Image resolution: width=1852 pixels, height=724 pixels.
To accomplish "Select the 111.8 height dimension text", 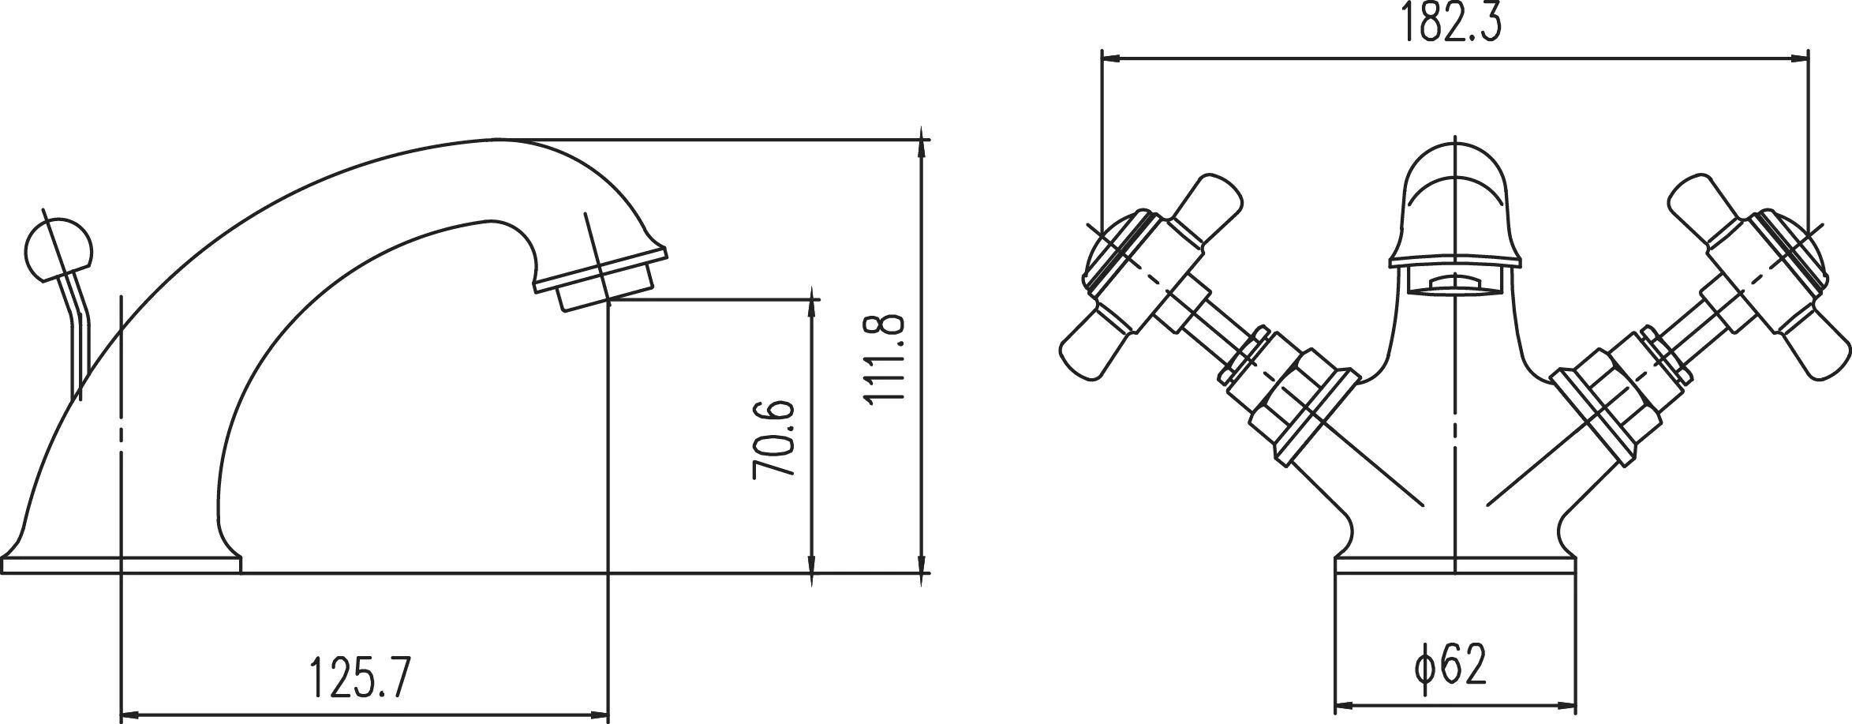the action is click(x=883, y=359).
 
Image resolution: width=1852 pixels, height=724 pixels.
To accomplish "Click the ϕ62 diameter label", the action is click(x=1450, y=664).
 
